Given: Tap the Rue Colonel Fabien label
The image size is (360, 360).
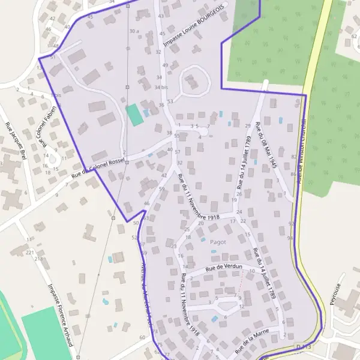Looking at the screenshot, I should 44,124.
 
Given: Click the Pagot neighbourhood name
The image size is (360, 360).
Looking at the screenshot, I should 218,242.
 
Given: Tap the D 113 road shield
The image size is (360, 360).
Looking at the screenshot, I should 304,347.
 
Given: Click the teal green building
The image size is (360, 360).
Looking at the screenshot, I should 134,115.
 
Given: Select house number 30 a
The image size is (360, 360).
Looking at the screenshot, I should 134,31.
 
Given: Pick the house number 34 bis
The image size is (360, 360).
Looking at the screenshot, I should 160,87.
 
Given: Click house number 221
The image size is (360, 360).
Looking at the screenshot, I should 30,253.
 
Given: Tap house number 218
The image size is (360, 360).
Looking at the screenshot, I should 40,259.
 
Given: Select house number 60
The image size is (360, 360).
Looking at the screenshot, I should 142,338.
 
